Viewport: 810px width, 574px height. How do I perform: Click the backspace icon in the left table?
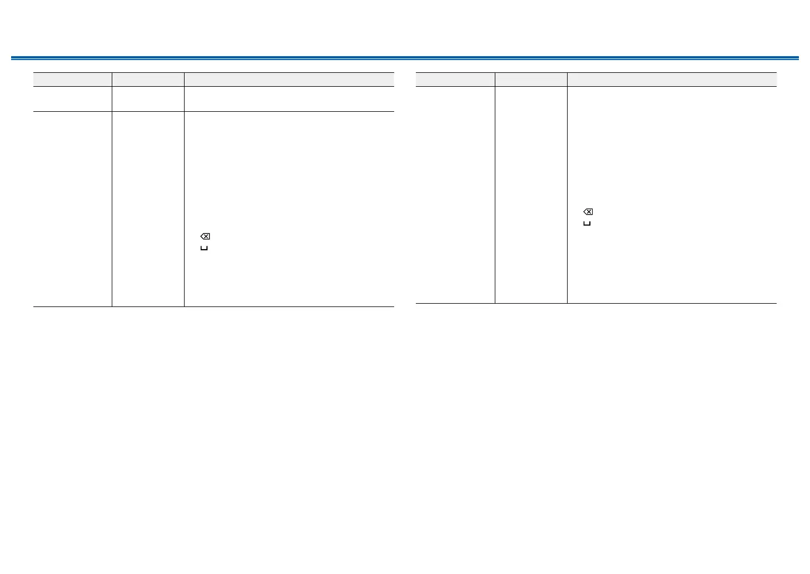pos(205,236)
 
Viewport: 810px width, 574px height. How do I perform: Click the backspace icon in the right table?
pos(588,212)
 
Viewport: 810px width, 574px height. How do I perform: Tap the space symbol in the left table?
pos(204,248)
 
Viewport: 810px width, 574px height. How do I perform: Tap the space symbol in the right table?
pos(587,224)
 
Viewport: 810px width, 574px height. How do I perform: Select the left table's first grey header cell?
pos(72,80)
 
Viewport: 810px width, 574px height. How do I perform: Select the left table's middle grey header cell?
pos(148,80)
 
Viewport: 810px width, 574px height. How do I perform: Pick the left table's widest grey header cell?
pos(289,80)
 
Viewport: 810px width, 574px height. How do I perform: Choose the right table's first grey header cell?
pos(455,80)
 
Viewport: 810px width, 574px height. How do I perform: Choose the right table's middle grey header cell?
pos(531,80)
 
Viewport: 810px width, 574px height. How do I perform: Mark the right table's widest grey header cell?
pos(672,80)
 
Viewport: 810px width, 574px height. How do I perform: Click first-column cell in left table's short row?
pos(72,99)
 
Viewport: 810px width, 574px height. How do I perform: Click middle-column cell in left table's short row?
pos(148,99)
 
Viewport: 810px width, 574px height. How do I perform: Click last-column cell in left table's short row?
pos(289,99)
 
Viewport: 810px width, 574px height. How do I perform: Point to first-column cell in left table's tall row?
pos(72,209)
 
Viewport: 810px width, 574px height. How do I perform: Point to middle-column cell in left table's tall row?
pos(148,209)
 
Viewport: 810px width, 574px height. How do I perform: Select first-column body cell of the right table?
pos(455,195)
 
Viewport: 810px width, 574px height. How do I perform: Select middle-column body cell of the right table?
pos(531,195)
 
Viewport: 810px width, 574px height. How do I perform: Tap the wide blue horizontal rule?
pos(405,58)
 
